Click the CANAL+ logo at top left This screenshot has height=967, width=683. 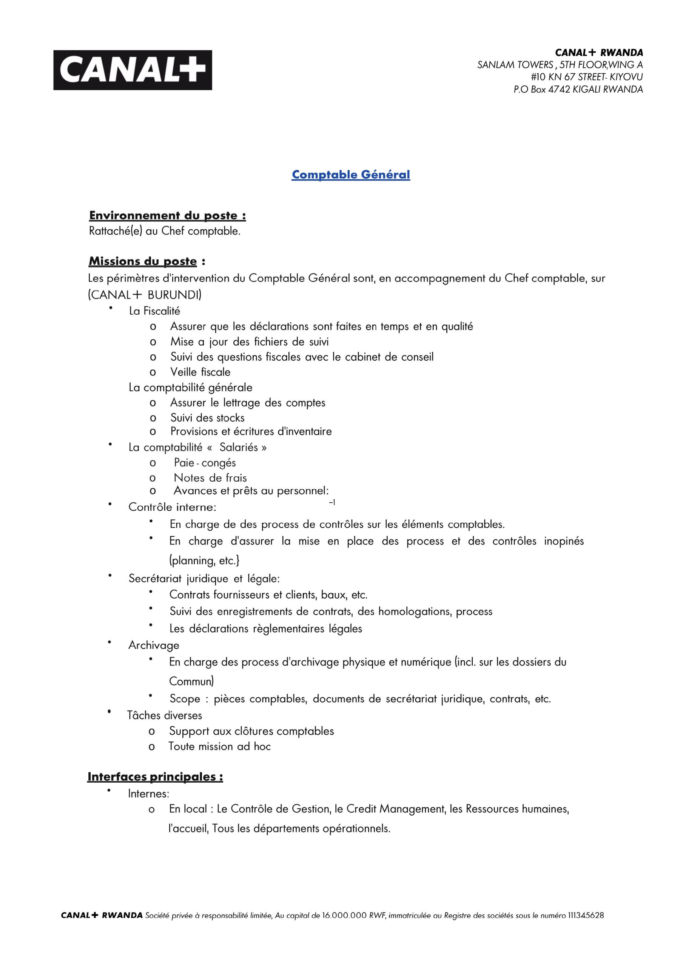tap(132, 70)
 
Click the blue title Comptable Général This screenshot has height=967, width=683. tap(350, 175)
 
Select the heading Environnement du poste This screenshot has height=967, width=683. tap(167, 216)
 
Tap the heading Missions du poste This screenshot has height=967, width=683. tap(143, 261)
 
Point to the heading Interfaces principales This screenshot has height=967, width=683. tap(155, 776)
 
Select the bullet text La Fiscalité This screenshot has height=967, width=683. tap(154, 311)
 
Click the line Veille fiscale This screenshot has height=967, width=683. tap(200, 372)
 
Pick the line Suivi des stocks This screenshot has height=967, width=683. tap(207, 418)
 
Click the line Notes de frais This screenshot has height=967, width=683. tap(210, 478)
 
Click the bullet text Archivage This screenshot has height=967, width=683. tap(154, 645)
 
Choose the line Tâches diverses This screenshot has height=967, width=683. tap(165, 715)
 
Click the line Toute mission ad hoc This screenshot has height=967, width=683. tap(219, 746)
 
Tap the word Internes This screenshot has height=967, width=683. tap(148, 794)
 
